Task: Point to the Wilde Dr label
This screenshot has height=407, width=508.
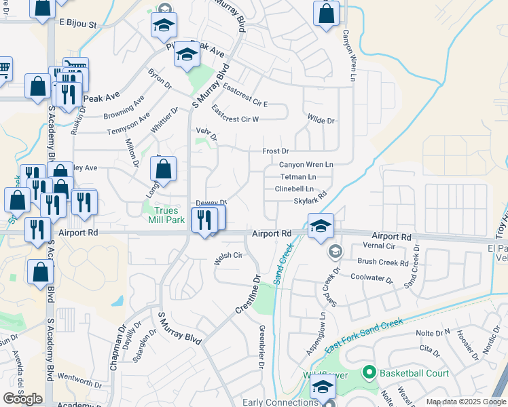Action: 321,120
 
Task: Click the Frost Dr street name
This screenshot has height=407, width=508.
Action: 276,151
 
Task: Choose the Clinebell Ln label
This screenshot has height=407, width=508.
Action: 294,189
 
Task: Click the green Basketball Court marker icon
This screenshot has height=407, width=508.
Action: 369,372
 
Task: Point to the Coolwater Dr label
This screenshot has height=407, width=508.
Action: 371,277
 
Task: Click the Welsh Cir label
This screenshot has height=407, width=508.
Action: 228,256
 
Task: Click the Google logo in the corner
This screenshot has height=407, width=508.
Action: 22,399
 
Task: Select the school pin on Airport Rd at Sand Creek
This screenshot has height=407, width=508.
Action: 320,227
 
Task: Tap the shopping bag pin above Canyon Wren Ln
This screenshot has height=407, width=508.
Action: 327,14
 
